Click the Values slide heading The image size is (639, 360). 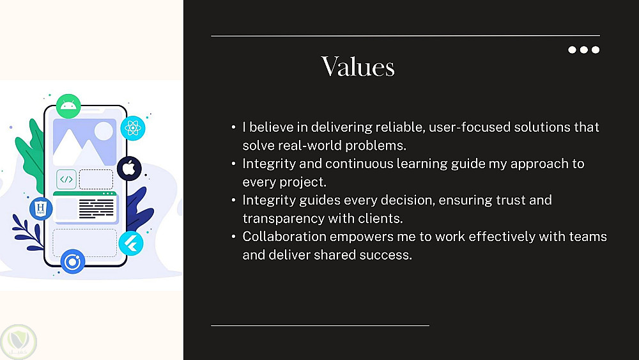[x=358, y=67]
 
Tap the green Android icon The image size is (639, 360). [x=68, y=106]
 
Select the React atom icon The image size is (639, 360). [x=133, y=128]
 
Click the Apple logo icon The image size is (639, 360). [x=129, y=168]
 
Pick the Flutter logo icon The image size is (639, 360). [x=131, y=244]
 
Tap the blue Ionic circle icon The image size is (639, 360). [x=73, y=262]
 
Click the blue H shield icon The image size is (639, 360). [x=41, y=208]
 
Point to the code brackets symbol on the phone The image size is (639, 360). [x=66, y=179]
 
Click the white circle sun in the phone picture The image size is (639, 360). [x=104, y=131]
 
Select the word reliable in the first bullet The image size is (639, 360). [x=400, y=127]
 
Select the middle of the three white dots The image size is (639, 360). [x=584, y=50]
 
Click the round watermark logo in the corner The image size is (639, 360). [x=19, y=341]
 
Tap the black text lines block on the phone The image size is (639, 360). [x=96, y=208]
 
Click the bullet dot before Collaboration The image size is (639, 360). [x=233, y=237]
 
